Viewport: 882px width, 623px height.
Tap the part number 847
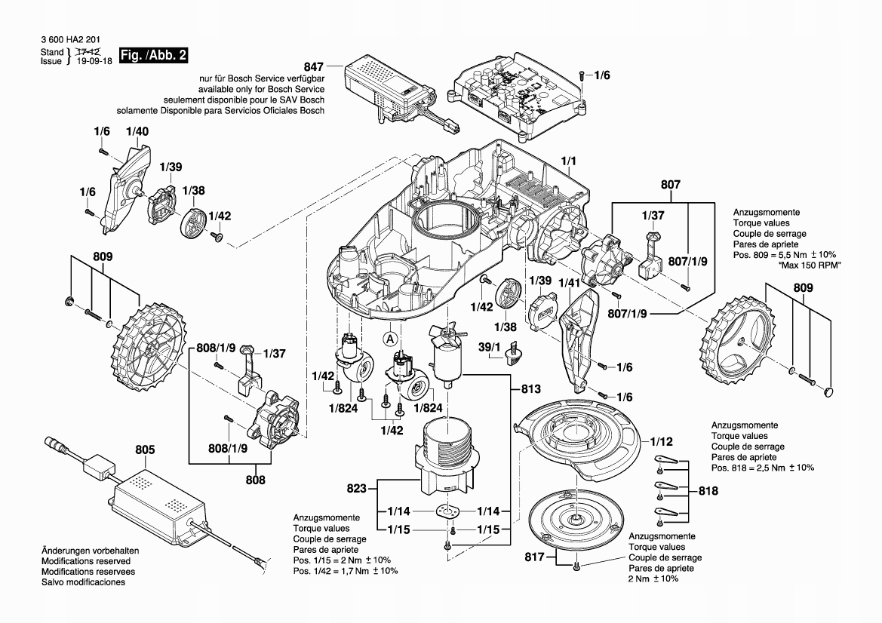(x=314, y=66)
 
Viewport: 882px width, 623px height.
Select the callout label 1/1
(x=568, y=161)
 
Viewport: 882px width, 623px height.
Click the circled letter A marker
(x=390, y=339)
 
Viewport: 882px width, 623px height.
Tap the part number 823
(x=358, y=489)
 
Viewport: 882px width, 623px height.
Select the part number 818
(x=708, y=490)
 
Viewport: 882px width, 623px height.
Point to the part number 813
(x=531, y=389)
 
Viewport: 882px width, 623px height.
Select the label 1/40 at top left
(x=137, y=131)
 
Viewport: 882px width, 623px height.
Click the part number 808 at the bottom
(x=255, y=478)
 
